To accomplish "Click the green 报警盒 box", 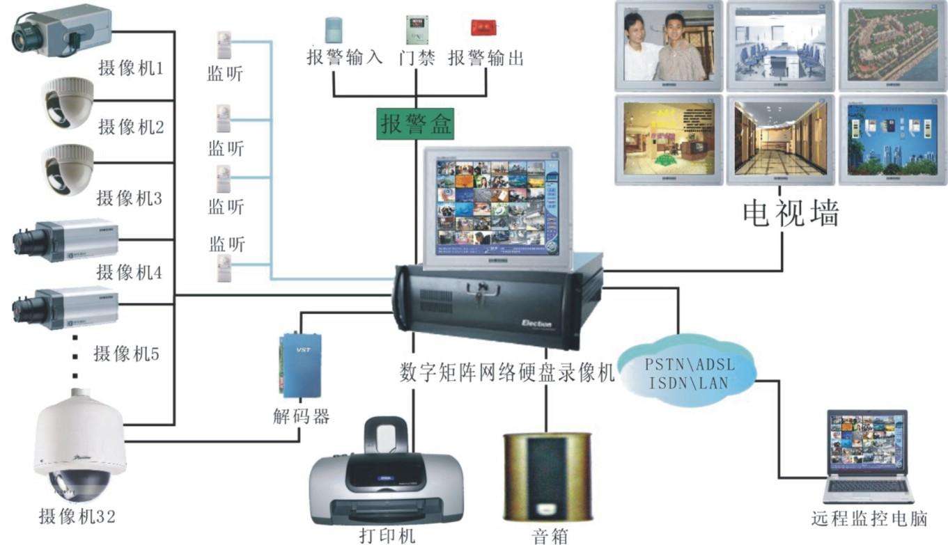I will tap(415, 124).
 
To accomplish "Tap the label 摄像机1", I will tap(130, 68).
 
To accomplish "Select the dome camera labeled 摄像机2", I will tap(66, 102).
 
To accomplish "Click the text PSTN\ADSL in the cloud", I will tap(690, 364).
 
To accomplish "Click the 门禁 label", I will tap(417, 58).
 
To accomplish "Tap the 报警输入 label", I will tap(344, 58).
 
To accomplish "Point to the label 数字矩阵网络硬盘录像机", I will tap(507, 374).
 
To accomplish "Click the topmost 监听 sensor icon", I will tap(224, 43).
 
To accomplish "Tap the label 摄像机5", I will tap(127, 354).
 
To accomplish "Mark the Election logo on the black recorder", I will tap(536, 324).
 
